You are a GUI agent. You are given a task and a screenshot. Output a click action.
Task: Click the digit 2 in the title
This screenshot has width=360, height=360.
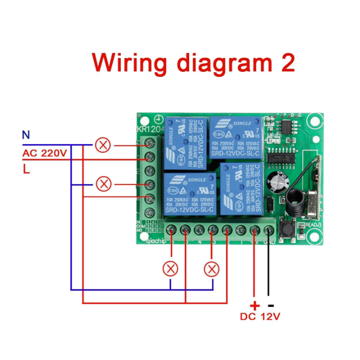point(286,63)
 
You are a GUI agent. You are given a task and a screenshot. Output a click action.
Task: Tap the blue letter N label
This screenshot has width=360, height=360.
point(25,134)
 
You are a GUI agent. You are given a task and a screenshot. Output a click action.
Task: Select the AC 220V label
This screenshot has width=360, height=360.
point(44,153)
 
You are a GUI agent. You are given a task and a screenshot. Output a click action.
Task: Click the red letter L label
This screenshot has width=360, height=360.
point(25,169)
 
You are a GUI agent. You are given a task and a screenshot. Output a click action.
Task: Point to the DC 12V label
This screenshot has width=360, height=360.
point(260,316)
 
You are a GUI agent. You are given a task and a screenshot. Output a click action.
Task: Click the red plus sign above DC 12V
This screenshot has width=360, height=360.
point(254,305)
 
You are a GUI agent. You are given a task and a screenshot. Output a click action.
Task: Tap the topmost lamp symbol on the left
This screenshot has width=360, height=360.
point(103,145)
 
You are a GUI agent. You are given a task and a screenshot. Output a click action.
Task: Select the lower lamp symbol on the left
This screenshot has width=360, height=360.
point(103,184)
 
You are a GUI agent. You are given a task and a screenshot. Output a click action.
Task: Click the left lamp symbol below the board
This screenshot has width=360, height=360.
point(170,269)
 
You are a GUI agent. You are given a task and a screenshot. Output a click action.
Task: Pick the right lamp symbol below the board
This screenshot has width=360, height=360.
point(211,269)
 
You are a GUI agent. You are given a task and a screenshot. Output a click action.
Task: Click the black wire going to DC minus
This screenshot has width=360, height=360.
point(268,270)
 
